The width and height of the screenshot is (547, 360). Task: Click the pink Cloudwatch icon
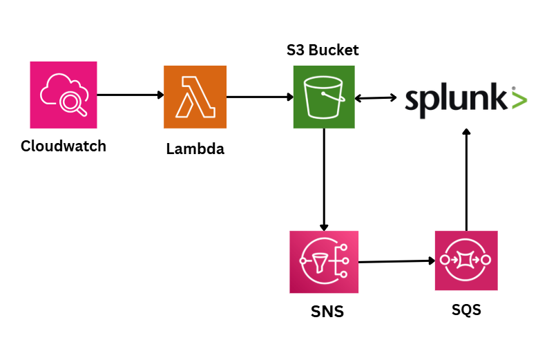point(64,95)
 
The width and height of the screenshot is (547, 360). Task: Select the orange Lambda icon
point(195,97)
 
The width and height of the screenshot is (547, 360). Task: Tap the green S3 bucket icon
point(323,97)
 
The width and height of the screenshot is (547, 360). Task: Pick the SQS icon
point(466,260)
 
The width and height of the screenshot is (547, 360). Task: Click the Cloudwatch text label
point(64,146)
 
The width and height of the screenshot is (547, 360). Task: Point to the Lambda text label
point(195,149)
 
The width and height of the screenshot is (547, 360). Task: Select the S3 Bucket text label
point(323,50)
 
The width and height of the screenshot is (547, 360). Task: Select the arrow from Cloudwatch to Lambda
point(131,95)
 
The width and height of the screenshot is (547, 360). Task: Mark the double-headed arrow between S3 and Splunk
point(374,99)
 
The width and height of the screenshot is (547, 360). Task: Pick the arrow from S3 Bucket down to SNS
point(323,180)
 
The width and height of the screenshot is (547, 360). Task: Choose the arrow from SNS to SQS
point(397,261)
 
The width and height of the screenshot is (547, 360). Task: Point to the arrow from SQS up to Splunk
point(466,180)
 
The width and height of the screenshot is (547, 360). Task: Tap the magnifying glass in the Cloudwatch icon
point(72,104)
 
